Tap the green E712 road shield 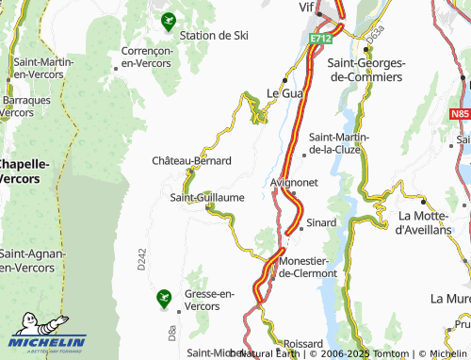click(x=321, y=39)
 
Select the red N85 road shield click(x=460, y=113)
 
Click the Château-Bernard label click(x=191, y=161)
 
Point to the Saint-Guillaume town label click(x=207, y=197)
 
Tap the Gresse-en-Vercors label click(x=209, y=300)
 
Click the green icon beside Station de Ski click(x=169, y=19)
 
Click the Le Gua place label click(x=284, y=93)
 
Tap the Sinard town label click(x=321, y=223)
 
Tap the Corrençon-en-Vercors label click(x=145, y=57)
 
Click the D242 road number click(x=141, y=260)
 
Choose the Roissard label click(x=301, y=344)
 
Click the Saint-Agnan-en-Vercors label click(x=32, y=261)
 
